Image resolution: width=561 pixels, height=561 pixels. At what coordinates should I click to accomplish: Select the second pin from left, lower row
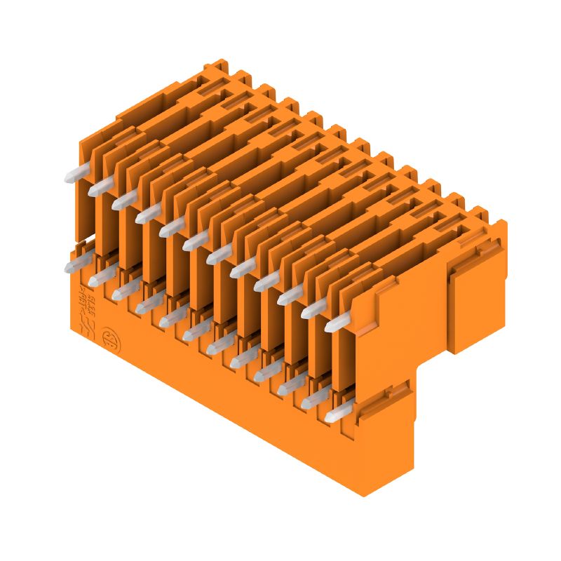(x=99, y=278)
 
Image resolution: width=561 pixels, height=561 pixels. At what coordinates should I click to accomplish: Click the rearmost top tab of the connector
(x=217, y=67)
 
